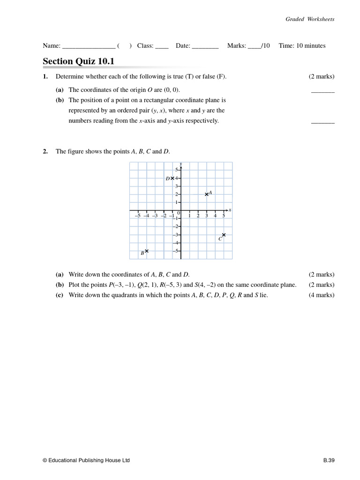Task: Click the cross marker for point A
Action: pyautogui.click(x=207, y=194)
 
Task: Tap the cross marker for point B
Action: pyautogui.click(x=147, y=251)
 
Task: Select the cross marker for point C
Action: pyautogui.click(x=224, y=235)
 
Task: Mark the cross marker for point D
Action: pyautogui.click(x=172, y=178)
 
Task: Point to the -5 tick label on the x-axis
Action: pyautogui.click(x=137, y=216)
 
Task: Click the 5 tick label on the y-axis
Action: pyautogui.click(x=177, y=169)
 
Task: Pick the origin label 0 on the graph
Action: pyautogui.click(x=179, y=213)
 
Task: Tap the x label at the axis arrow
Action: pyautogui.click(x=230, y=210)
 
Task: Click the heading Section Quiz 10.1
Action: pyautogui.click(x=78, y=61)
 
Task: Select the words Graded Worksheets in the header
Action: pyautogui.click(x=310, y=19)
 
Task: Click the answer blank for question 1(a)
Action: pyautogui.click(x=322, y=91)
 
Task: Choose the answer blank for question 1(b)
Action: pyautogui.click(x=322, y=122)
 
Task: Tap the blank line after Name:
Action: pyautogui.click(x=89, y=46)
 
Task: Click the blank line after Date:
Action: pyautogui.click(x=205, y=46)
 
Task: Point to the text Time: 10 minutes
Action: pyautogui.click(x=302, y=45)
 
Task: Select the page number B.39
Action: pyautogui.click(x=328, y=460)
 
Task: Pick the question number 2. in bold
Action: pyautogui.click(x=45, y=151)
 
